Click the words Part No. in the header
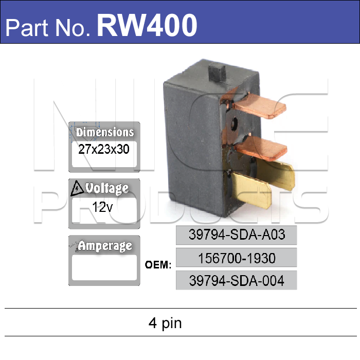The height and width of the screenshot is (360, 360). click(49, 26)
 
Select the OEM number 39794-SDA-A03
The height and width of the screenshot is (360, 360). click(237, 235)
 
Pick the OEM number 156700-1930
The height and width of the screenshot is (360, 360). click(237, 258)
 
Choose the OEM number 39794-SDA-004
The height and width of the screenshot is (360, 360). click(237, 280)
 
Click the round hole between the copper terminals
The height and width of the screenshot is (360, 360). click(233, 123)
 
